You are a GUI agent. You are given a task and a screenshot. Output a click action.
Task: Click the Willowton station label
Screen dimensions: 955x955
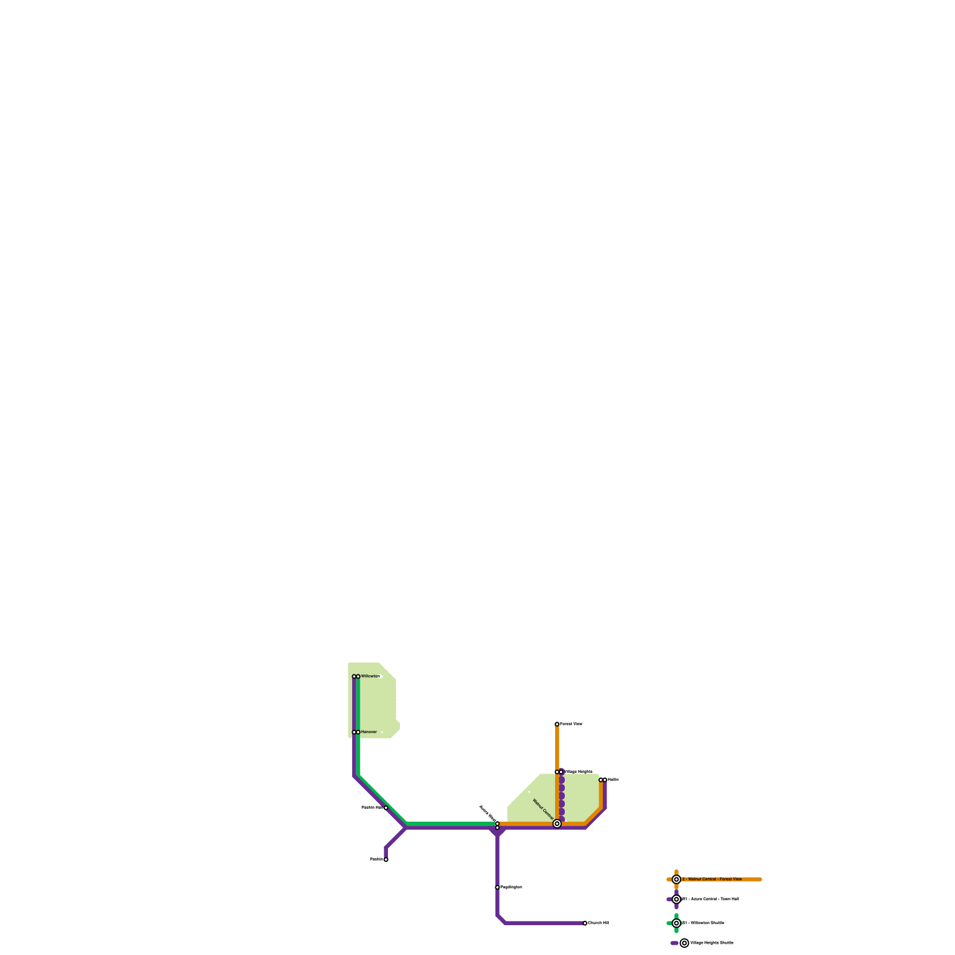370,676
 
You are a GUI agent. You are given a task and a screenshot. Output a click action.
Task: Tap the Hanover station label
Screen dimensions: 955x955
369,732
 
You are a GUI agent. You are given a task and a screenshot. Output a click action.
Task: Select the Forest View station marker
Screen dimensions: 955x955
557,724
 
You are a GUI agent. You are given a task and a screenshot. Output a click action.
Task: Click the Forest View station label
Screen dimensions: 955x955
571,724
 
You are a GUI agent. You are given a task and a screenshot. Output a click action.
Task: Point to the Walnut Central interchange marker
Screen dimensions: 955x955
557,824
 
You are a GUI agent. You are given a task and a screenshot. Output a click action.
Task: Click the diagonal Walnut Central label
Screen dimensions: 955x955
543,809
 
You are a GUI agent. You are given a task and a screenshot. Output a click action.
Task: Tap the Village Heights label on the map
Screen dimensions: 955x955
578,772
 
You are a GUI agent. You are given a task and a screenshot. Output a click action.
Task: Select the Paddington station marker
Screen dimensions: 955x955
497,888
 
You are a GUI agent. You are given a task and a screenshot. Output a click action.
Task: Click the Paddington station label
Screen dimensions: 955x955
512,888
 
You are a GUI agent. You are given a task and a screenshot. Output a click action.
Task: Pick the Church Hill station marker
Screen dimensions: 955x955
585,923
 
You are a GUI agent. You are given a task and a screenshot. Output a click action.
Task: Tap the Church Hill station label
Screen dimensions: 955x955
599,923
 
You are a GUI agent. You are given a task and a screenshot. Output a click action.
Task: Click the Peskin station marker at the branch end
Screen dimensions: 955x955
386,860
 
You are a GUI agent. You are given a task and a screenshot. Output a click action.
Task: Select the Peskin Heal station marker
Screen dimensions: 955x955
386,808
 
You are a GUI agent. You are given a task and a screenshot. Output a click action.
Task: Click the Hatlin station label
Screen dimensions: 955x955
614,780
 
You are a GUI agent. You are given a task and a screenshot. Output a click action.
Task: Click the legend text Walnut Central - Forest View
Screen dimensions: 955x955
712,879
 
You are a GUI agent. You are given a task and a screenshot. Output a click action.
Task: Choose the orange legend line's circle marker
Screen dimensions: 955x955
676,879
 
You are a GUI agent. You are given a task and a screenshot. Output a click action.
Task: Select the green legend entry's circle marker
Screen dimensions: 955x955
676,923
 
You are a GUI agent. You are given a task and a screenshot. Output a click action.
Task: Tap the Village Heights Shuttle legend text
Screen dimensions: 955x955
711,943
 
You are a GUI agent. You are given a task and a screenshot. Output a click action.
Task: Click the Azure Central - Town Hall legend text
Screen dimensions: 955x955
711,899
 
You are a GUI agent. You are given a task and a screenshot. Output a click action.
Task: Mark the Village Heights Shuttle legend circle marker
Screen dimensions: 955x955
685,943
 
